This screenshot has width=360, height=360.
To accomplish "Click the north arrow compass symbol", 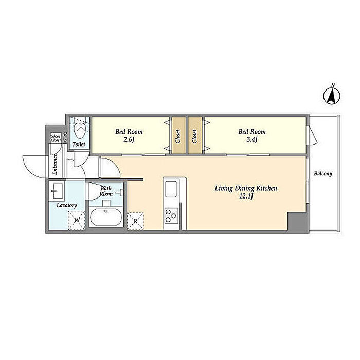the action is pyautogui.click(x=332, y=96).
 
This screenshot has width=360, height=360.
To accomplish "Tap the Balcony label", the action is pyautogui.click(x=323, y=174).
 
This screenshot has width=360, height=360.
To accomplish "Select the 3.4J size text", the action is pyautogui.click(x=252, y=139).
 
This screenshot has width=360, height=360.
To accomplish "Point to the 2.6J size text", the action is pyautogui.click(x=129, y=139).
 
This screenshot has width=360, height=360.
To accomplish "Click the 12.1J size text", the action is pyautogui.click(x=246, y=196).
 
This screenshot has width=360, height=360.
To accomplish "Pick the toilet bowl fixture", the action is pyautogui.click(x=80, y=130).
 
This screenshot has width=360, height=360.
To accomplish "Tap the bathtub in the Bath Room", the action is pyautogui.click(x=106, y=217).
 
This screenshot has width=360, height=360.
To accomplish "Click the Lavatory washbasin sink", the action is pyautogui.click(x=57, y=191).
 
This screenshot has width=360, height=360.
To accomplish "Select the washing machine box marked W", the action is pyautogui.click(x=77, y=221).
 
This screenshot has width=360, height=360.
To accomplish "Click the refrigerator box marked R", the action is pyautogui.click(x=135, y=221).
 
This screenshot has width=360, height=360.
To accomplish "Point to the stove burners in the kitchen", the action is pyautogui.click(x=171, y=215).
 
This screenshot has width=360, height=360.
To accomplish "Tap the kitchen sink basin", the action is pyautogui.click(x=171, y=189).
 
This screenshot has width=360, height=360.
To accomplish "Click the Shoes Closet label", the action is pyautogui.click(x=56, y=138).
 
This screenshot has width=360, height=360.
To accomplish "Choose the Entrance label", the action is pyautogui.click(x=55, y=165).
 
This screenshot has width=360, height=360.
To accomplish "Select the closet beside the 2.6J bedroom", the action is pyautogui.click(x=178, y=135).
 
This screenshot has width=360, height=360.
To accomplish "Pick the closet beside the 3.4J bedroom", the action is pyautogui.click(x=195, y=135).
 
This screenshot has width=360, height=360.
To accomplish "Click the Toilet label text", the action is pyautogui.click(x=79, y=145).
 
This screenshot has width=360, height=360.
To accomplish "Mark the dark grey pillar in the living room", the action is pyautogui.click(x=297, y=222).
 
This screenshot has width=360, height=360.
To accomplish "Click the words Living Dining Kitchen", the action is pyautogui.click(x=246, y=189).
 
